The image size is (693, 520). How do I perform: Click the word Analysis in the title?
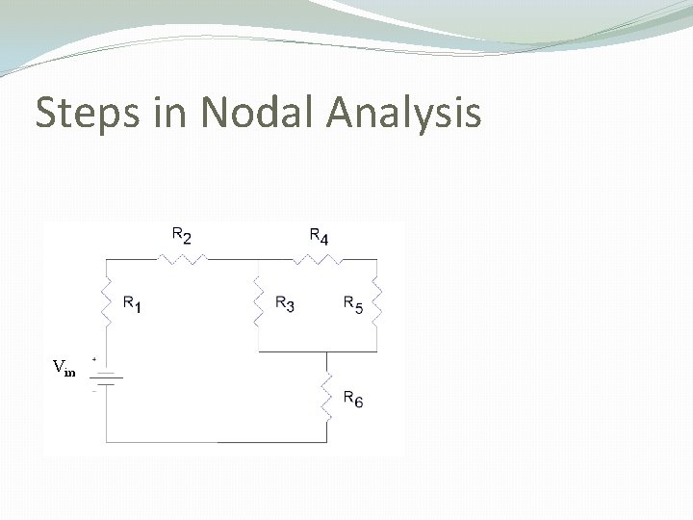(403, 114)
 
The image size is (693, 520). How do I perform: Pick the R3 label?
(285, 304)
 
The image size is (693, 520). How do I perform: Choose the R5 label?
(353, 304)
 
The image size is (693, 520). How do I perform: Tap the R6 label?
(353, 400)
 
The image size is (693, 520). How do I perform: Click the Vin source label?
(64, 367)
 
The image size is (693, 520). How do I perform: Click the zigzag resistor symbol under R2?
(182, 258)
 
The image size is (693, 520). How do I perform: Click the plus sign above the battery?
(93, 360)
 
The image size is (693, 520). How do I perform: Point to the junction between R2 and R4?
(258, 258)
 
